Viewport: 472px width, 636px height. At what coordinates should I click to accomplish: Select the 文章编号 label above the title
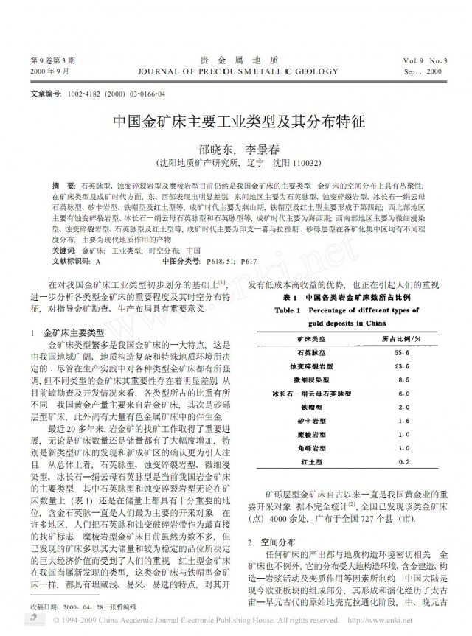click(x=46, y=96)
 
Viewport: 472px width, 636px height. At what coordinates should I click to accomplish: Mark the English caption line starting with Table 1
click(x=357, y=310)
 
